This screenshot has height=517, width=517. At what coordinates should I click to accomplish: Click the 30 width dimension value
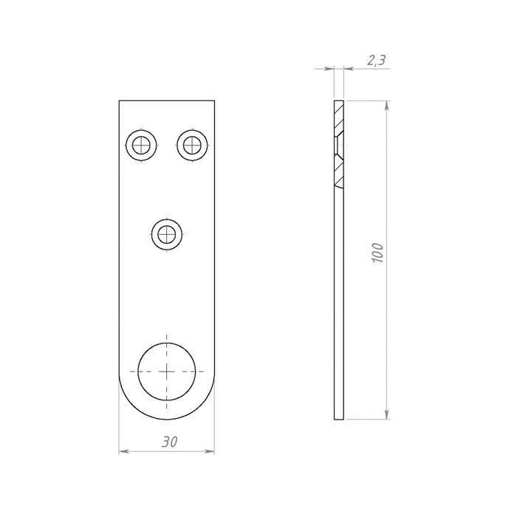(x=169, y=442)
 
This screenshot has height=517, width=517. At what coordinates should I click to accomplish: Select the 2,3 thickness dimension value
(x=376, y=61)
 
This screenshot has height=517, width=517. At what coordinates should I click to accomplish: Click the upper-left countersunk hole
(x=141, y=145)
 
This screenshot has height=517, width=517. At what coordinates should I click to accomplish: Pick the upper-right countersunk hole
(x=192, y=145)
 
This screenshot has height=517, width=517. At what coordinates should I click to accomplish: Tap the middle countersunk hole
(x=167, y=235)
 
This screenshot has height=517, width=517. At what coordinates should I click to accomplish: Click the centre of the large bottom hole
(x=166, y=372)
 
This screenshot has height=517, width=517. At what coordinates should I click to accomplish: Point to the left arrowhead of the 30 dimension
(x=123, y=451)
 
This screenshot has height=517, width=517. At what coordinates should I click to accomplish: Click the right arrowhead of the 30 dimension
(x=210, y=451)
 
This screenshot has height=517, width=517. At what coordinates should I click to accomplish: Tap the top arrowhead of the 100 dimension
(x=387, y=106)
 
